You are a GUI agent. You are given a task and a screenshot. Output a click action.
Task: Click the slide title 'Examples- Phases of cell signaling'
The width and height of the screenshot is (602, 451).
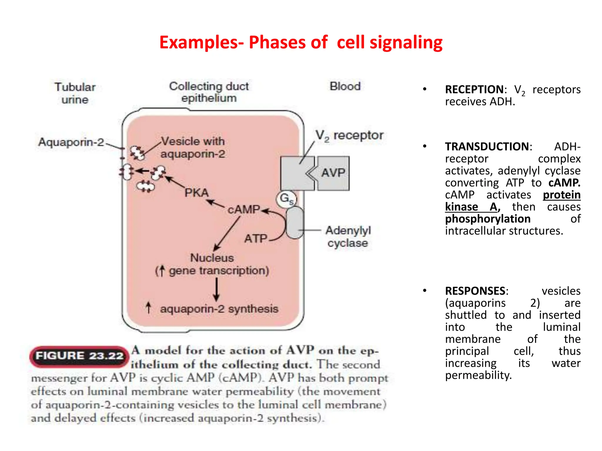point(301,42)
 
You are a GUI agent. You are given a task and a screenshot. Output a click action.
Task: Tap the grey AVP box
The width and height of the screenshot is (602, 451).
point(333,173)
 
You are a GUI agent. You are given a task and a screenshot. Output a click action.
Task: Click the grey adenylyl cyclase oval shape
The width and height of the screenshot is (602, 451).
point(295,222)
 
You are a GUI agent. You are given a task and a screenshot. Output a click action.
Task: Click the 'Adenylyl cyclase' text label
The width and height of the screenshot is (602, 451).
point(348,237)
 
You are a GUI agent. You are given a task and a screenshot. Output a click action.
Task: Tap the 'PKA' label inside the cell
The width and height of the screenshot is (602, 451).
point(196,193)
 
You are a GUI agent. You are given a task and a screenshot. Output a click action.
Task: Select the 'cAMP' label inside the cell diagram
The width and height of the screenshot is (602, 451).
point(244,210)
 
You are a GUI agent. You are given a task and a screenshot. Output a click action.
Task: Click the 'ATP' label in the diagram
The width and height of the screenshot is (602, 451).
point(255,238)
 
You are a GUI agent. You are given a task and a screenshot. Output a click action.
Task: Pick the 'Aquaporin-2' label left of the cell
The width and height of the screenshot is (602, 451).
point(71,142)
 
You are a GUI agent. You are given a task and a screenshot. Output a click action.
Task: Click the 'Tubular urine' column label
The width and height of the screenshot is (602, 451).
point(75,93)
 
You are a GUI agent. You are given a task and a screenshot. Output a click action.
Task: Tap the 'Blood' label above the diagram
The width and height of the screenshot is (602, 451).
point(345,86)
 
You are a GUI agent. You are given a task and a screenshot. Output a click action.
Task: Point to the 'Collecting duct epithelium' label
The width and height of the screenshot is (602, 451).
point(209,92)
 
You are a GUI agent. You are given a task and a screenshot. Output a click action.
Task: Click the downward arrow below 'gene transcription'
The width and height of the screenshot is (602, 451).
point(216,289)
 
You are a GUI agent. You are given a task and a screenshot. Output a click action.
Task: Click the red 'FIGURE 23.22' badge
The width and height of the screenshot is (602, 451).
point(79,356)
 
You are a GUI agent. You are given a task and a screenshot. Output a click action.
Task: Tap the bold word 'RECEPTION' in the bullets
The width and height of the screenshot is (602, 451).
point(474,90)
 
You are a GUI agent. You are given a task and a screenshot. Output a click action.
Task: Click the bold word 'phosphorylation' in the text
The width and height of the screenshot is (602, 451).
point(488,219)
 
